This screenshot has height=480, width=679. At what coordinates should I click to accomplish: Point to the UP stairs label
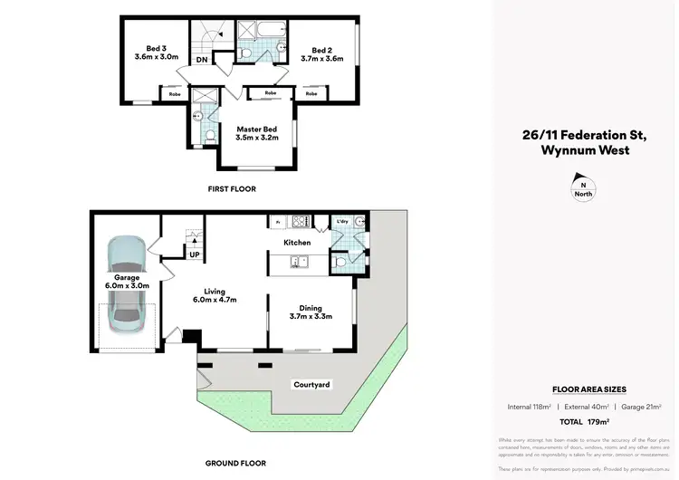pos(195,254)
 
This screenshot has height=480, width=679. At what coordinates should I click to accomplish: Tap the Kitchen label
pos(297,243)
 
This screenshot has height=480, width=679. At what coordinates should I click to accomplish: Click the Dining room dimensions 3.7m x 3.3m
pos(311,316)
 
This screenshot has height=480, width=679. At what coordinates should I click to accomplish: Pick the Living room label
pos(214,291)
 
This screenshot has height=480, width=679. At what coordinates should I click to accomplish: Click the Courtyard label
pos(311,385)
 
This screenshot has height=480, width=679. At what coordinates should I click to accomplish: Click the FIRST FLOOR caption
pos(232,189)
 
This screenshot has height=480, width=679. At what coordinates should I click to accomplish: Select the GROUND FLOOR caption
pos(234,463)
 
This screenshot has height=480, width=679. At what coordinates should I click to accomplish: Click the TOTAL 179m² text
pos(583,422)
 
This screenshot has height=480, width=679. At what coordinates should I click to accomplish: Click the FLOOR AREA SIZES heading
pos(583,389)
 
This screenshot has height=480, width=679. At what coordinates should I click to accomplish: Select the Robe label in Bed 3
pos(172,93)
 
